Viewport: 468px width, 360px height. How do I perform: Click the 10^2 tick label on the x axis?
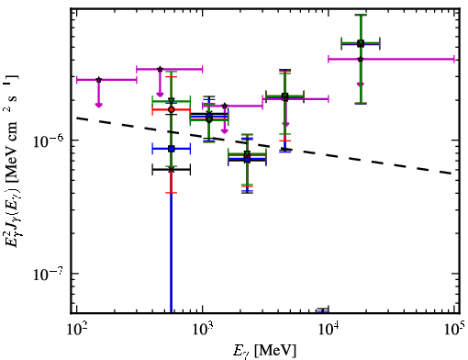click(x=76, y=330)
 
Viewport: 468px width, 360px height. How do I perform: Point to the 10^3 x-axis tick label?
click(x=203, y=330)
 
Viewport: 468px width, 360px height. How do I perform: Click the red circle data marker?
click(x=172, y=109)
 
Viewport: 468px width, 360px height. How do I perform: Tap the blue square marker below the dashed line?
click(x=172, y=149)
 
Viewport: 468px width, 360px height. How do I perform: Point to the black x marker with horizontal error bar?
click(x=172, y=169)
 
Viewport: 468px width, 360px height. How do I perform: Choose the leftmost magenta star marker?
click(x=98, y=80)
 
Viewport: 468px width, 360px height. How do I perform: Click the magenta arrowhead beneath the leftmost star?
click(x=98, y=105)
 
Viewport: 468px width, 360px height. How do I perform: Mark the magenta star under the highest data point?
click(x=361, y=59)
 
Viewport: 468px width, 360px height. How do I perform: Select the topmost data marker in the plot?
click(x=361, y=43)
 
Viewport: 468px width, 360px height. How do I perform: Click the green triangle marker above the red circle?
click(x=172, y=101)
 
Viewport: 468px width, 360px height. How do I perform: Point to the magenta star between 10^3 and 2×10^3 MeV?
click(x=225, y=106)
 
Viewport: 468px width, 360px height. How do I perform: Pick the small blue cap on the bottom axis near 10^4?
click(x=323, y=311)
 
